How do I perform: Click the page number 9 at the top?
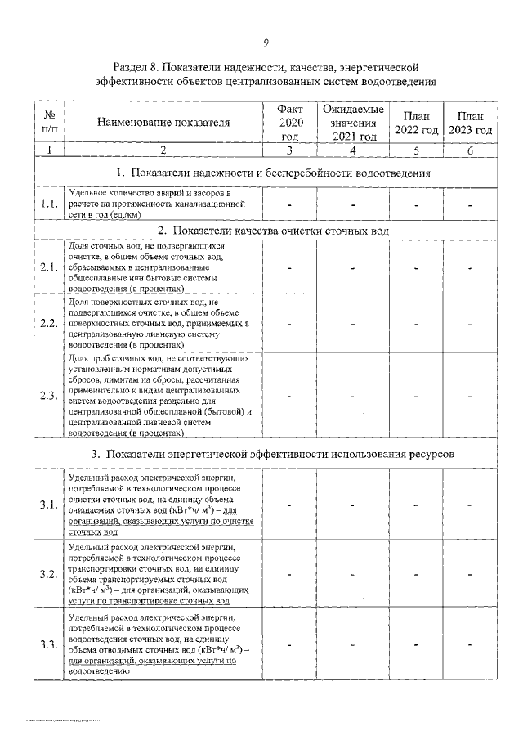266,43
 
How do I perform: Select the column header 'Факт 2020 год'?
290,122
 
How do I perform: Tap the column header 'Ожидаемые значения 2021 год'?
352,122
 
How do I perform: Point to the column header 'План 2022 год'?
416,123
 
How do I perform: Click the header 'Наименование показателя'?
163,123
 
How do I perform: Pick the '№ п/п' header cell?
49,123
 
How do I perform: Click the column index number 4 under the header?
352,150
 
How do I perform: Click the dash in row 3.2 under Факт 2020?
290,575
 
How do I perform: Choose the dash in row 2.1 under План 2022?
416,267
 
